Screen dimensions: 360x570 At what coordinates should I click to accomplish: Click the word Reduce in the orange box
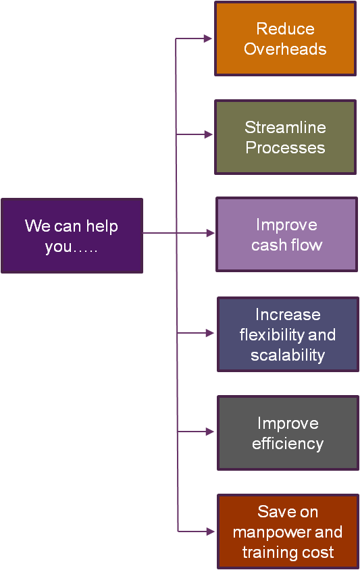coord(286,29)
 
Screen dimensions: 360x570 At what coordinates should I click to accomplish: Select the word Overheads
coord(285,49)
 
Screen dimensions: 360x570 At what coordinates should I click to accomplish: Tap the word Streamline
coord(286,127)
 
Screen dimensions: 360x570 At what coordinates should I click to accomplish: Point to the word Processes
coord(286,148)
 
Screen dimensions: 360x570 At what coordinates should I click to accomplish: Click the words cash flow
coord(287,244)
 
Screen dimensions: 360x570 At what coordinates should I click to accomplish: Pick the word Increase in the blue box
coord(288,315)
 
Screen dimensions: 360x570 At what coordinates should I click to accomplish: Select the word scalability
coord(288,355)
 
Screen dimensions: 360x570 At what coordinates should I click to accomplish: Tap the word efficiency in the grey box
coord(288,444)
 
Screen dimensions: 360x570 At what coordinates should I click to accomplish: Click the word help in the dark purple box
coord(102,226)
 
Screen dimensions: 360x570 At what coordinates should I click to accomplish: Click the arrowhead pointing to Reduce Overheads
coord(208,38)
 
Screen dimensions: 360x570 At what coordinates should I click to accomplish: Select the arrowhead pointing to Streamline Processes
coord(208,134)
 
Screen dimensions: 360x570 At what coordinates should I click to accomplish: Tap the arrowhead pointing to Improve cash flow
coord(210,233)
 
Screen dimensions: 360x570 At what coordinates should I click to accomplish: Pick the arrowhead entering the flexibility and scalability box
coord(210,333)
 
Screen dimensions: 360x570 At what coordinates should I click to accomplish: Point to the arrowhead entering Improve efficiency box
coord(210,432)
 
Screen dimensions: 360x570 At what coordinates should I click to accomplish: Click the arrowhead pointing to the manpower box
coord(210,532)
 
